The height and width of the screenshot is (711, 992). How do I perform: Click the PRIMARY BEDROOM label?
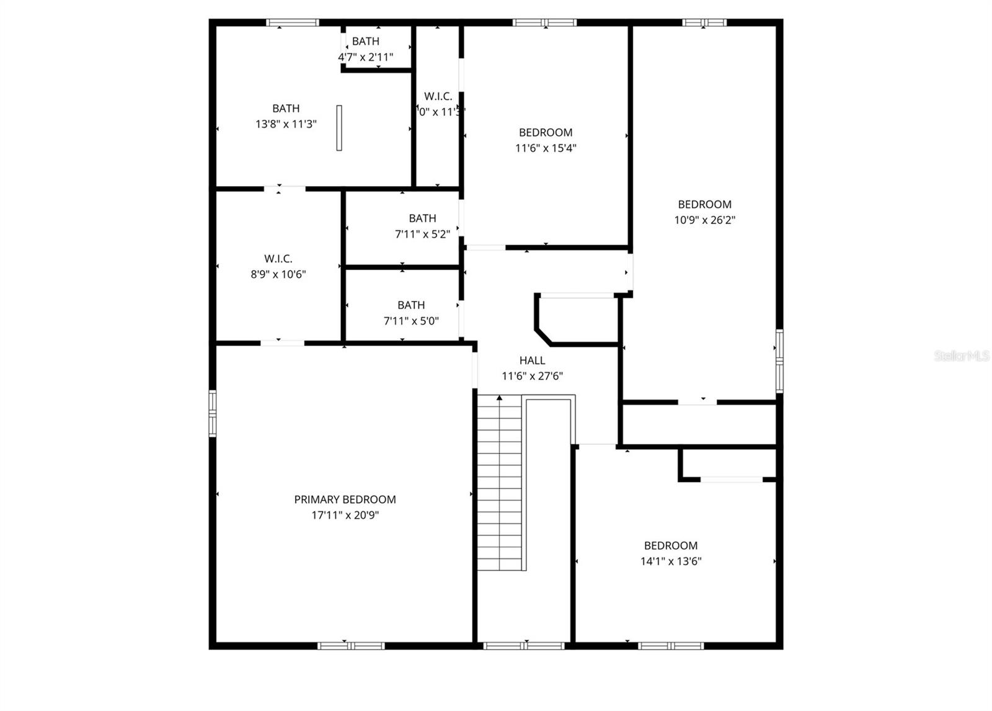click(345, 499)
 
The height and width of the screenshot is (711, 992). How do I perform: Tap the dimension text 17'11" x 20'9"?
click(345, 515)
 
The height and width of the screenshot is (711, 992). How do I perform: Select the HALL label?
click(532, 360)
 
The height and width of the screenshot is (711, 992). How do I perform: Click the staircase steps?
click(499, 484)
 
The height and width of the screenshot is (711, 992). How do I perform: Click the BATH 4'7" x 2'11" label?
click(366, 42)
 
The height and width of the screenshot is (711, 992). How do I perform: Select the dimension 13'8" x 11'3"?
click(286, 124)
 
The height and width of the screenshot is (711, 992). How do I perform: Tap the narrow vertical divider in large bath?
click(339, 127)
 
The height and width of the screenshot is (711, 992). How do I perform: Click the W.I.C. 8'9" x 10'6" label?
click(278, 259)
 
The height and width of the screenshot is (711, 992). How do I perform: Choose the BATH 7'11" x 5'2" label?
click(422, 218)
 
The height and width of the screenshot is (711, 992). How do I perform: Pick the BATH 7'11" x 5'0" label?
click(411, 305)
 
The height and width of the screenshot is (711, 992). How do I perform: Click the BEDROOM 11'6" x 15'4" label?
click(546, 132)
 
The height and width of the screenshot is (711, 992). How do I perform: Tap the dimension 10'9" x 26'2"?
click(705, 220)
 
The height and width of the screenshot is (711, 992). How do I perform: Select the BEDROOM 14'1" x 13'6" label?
click(671, 546)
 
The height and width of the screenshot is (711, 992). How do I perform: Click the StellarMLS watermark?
click(962, 356)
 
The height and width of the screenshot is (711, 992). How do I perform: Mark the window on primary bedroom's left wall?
click(213, 413)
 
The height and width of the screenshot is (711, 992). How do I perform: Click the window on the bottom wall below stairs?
click(524, 646)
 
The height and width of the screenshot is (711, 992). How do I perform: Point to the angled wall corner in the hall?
click(543, 336)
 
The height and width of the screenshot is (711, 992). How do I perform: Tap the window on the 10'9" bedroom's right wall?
click(779, 358)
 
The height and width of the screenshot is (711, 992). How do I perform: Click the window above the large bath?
click(293, 23)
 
